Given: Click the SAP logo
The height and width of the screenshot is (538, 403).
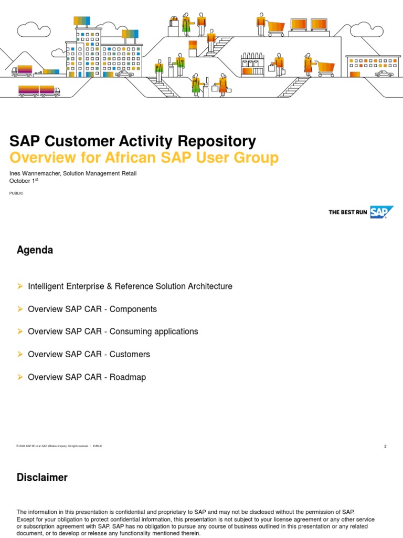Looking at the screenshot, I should (x=381, y=212).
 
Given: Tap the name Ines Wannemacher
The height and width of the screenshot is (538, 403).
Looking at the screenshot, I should (x=34, y=173).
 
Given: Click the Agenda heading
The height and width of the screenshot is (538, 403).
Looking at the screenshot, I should (x=35, y=250).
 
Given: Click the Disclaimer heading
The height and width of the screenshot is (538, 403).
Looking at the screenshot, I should (x=42, y=478).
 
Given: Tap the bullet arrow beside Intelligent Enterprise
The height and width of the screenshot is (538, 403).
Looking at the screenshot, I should (x=20, y=286).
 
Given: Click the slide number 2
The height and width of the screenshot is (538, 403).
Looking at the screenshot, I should (x=385, y=446).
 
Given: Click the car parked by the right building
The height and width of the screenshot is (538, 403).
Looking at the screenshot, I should (x=384, y=74).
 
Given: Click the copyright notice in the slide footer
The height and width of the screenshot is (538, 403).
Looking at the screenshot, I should (x=52, y=446).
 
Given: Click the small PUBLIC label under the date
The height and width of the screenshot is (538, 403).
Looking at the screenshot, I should (x=16, y=193).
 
